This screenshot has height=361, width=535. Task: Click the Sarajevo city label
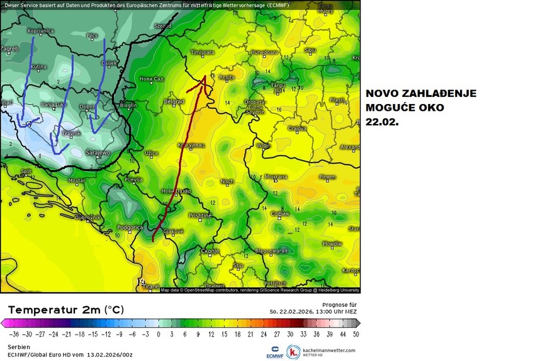(x=98, y=152)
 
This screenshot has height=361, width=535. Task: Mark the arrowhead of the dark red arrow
(x=205, y=79)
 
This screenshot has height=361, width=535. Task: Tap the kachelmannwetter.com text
(x=330, y=350)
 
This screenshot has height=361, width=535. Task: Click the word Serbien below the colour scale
(x=18, y=347)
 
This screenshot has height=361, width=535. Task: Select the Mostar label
(x=76, y=181)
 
